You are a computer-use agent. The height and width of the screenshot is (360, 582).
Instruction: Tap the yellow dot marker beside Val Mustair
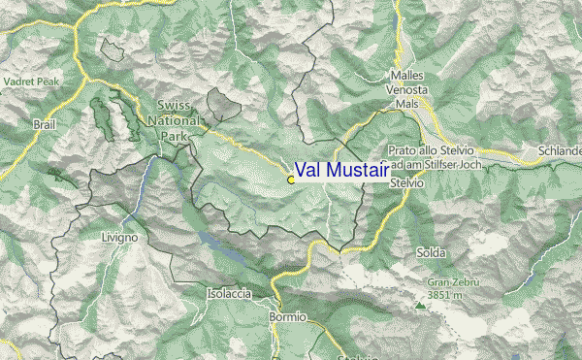pos(291,180)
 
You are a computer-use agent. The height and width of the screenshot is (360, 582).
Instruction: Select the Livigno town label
pos(119,237)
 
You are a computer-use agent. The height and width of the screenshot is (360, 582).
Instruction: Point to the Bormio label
pos(287,317)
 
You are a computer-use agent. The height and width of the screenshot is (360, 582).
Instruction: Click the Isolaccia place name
pos(230,293)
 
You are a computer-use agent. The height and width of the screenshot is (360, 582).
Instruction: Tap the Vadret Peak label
pos(30,82)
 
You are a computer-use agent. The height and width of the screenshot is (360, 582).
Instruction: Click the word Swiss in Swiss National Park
pos(173,104)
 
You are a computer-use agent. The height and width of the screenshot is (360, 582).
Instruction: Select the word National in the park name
pos(175,120)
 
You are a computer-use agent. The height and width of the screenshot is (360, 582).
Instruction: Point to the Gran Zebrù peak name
pos(453,282)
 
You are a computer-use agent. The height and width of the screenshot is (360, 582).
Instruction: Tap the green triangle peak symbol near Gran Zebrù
pos(420,305)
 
